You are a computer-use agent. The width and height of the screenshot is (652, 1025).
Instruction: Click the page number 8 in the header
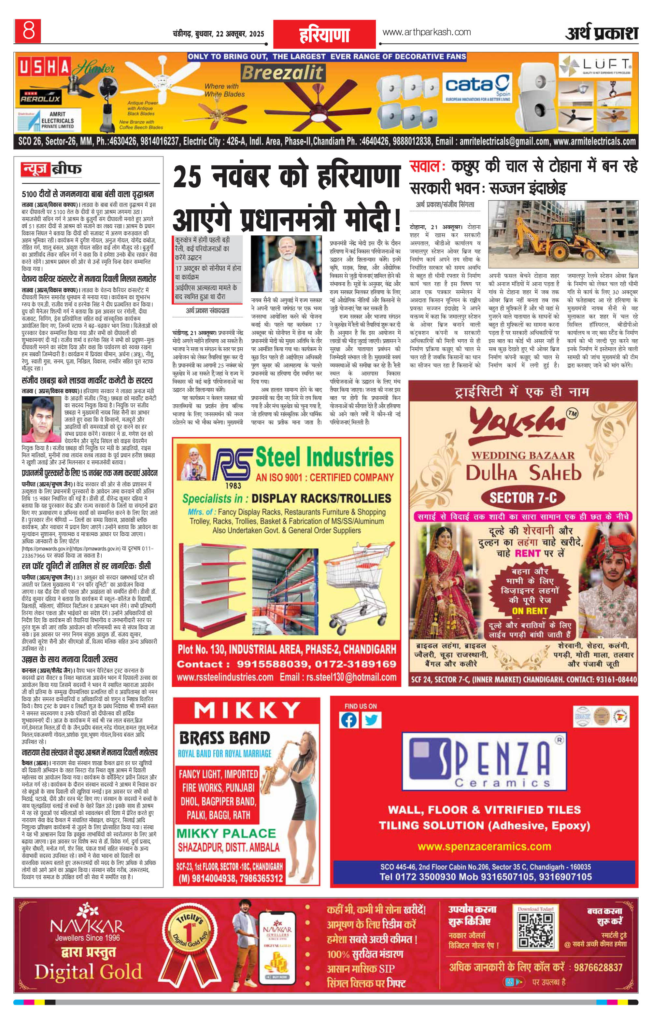(29, 31)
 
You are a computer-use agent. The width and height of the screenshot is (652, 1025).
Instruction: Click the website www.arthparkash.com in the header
(426, 32)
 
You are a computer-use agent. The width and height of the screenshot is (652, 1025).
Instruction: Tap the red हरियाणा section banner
(324, 35)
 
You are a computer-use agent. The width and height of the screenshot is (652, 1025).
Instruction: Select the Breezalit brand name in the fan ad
(282, 73)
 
